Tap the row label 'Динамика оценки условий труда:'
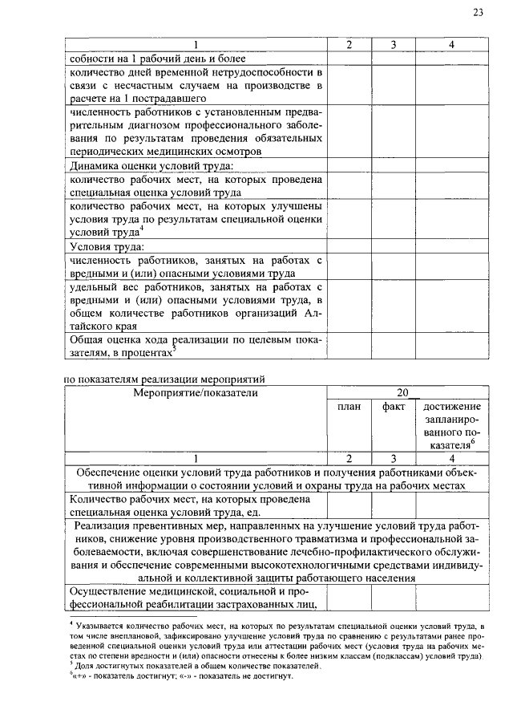(151, 166)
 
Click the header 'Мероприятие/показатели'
(196, 393)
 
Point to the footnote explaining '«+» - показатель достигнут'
(181, 676)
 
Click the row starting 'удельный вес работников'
(196, 306)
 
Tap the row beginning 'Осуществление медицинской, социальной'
(196, 598)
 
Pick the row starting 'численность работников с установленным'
(196, 132)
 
